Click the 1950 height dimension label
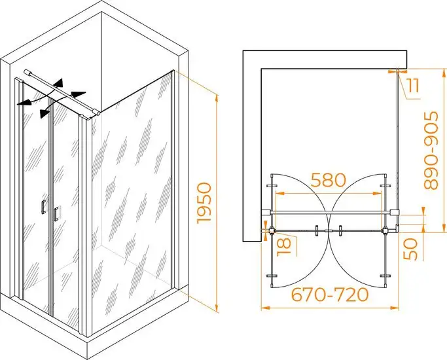[205, 203]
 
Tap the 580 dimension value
[329, 180]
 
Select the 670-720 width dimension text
[330, 295]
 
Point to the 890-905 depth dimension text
[431, 151]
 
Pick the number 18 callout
[284, 247]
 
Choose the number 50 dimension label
[411, 249]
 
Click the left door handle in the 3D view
[44, 206]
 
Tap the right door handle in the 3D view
[56, 213]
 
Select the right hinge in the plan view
[385, 230]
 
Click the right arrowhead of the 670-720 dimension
[395, 308]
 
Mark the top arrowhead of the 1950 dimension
[217, 98]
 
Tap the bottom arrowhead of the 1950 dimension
[217, 308]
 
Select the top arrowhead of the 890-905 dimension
[444, 73]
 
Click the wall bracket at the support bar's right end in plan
[395, 212]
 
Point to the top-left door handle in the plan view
[272, 186]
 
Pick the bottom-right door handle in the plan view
[385, 276]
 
